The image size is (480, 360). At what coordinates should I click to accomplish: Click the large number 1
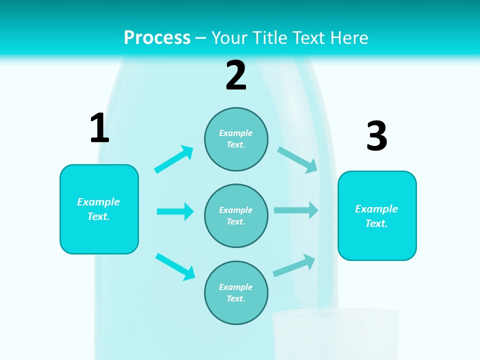coord(99,128)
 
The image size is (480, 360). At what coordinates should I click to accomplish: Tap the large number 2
coord(236,75)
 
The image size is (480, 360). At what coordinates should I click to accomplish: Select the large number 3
coord(376,136)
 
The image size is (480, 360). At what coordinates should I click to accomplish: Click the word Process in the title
coord(157,37)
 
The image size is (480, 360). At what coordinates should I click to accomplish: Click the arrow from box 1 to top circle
coord(174,159)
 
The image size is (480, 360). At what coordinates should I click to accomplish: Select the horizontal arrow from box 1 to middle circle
coord(175,211)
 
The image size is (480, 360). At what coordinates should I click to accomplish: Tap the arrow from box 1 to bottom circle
coord(175,266)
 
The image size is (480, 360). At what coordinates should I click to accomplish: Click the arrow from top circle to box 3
coord(297,159)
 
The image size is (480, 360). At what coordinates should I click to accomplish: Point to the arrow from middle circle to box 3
coord(296,210)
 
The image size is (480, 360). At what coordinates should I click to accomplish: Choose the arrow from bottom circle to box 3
coord(294,265)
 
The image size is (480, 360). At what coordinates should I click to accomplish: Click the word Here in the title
coord(349,37)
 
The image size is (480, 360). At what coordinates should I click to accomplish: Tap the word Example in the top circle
coord(236,133)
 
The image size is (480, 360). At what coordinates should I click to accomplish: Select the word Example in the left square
coord(98,202)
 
